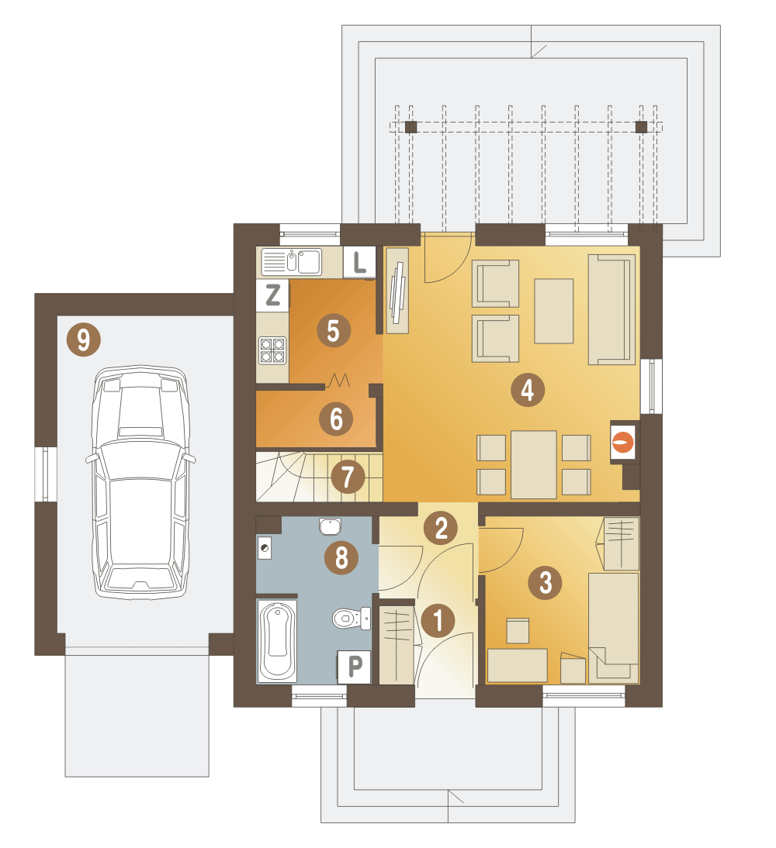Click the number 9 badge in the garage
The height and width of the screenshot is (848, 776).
point(83,340)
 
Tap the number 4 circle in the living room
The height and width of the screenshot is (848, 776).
point(528,389)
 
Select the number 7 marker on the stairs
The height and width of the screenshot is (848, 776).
point(347,477)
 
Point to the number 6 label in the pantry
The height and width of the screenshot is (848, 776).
point(336,419)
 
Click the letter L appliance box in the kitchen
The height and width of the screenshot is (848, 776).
point(359,262)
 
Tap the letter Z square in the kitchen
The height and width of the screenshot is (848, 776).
point(272,295)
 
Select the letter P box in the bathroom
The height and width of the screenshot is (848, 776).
point(354,667)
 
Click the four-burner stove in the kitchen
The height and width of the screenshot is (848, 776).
point(272,350)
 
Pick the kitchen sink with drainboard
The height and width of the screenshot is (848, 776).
point(291,262)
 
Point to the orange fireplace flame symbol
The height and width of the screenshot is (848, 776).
point(623,443)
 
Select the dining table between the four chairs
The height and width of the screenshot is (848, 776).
point(533,464)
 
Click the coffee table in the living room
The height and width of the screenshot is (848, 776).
point(553,311)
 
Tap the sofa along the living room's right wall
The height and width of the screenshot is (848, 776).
point(611,309)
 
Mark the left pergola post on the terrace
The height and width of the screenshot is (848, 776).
point(411,127)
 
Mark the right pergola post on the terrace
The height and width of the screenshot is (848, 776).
point(641,127)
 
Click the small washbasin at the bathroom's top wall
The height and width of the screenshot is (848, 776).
point(330,526)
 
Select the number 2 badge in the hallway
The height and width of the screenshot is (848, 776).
point(442,528)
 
